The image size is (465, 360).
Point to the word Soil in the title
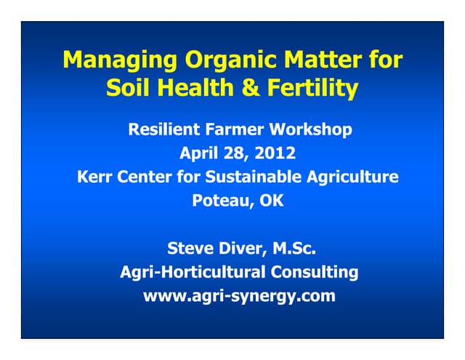click(x=129, y=89)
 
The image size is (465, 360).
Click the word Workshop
click(x=311, y=130)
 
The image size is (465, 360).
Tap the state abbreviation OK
click(x=272, y=201)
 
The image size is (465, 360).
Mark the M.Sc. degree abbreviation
click(x=294, y=249)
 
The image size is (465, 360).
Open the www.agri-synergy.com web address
click(x=239, y=297)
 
